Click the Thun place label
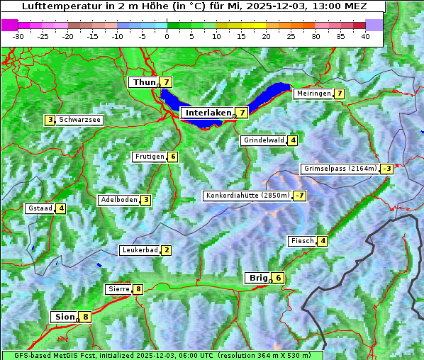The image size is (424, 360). pos(144,83)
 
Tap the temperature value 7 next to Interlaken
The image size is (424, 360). pos(242,113)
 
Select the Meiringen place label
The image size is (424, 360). pos(313,94)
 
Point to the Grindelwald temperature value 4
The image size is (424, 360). pos(292,140)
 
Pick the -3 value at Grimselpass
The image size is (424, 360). pos(386,169)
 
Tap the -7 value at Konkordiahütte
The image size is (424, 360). pos(300,196)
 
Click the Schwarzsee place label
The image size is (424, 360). pos(79,120)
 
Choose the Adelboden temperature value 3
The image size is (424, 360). pos(145,200)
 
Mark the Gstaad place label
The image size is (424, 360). pos(40,208)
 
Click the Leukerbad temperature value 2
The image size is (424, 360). pos(166,250)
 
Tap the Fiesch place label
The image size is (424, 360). pos(301,241)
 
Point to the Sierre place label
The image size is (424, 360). pos(118,289)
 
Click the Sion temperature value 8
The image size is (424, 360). pos(86,317)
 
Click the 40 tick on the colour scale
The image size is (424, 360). pos(365,35)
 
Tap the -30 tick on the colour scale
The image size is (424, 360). pos(18,35)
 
